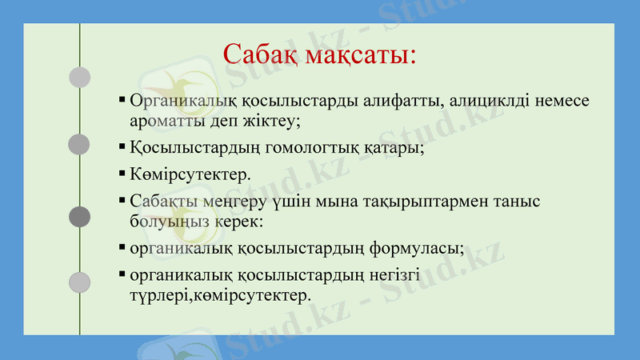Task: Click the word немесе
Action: pos(562,102)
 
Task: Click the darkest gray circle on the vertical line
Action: pos(79,216)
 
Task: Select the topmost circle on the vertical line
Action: pos(79,77)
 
